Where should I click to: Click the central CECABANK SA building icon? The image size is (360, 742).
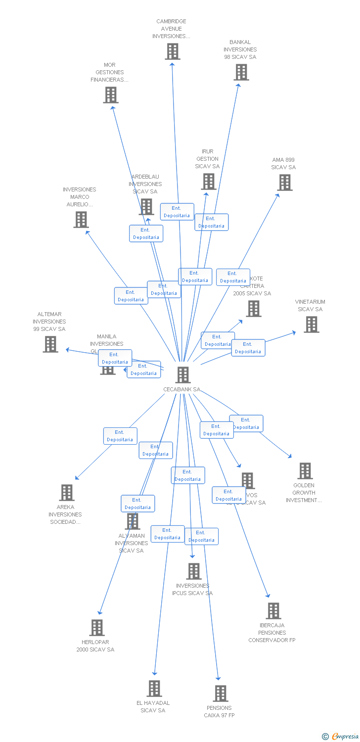(x=183, y=375)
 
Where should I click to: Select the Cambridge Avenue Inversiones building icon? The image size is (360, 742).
(x=173, y=51)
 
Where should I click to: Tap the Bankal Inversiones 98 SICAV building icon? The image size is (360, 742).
(x=241, y=72)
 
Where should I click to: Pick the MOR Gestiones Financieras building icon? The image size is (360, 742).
(x=111, y=95)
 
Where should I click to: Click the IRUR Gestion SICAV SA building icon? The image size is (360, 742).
(x=209, y=182)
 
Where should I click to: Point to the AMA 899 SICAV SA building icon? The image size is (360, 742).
(x=284, y=183)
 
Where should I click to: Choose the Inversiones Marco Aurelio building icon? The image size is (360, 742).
(x=81, y=220)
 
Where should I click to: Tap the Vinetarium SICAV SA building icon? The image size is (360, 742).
(x=311, y=325)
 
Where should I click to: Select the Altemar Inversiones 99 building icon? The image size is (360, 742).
(x=50, y=344)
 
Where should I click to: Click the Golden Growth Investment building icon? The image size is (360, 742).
(x=305, y=471)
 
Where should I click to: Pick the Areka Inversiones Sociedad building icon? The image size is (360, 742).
(x=67, y=493)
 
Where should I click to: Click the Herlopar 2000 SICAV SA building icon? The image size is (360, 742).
(x=97, y=628)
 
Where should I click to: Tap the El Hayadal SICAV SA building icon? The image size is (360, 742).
(x=154, y=689)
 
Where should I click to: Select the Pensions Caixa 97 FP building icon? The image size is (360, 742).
(x=221, y=694)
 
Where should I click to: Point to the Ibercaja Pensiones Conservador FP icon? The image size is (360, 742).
(x=273, y=611)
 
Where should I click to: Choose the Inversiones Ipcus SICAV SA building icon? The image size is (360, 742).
(x=193, y=571)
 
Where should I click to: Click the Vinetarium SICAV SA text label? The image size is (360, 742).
(x=310, y=306)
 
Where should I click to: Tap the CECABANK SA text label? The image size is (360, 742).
(x=182, y=389)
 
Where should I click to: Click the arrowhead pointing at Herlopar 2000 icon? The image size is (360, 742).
(x=100, y=612)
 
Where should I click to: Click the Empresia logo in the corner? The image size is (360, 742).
(x=341, y=737)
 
